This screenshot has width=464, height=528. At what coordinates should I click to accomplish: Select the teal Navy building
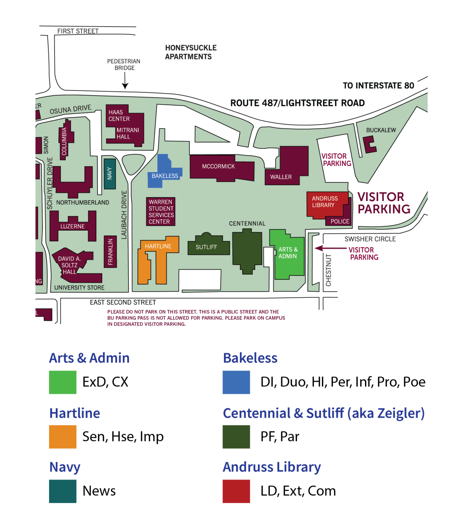pos(110,173)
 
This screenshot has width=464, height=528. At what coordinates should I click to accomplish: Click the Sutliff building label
pos(206,247)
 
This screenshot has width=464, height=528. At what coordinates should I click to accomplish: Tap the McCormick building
pos(218,167)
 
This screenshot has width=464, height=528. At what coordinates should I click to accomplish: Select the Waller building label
pos(281,177)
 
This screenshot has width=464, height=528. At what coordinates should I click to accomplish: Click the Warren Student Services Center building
pos(161,212)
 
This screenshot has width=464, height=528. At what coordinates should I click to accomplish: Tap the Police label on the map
pos(340,221)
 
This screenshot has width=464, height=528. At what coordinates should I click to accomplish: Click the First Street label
pos(78,31)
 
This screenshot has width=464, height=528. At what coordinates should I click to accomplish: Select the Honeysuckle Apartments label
pos(190,52)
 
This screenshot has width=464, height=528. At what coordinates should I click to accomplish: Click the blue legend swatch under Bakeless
pos(236,382)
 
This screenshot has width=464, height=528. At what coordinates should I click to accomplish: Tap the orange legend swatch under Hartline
pos(63,437)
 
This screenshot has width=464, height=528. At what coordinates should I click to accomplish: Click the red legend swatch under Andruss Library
pos(236,491)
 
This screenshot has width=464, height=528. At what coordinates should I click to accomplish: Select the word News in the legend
pos(99,491)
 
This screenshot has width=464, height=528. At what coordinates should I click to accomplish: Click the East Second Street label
pos(123,302)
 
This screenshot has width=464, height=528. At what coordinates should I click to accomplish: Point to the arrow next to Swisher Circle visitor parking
pos(329,248)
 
